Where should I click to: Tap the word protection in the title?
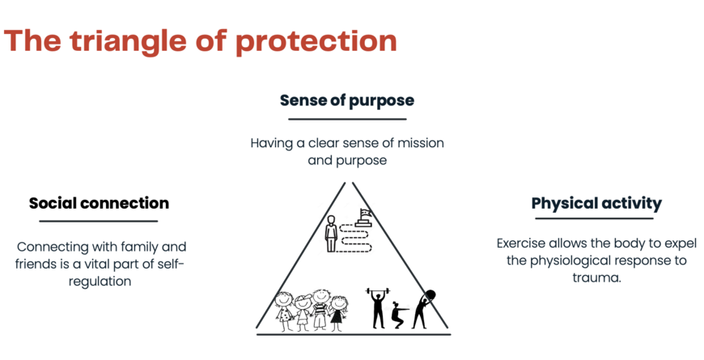pyautogui.click(x=316, y=42)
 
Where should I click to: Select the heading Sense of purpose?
pyautogui.click(x=347, y=100)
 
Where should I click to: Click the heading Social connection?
pyautogui.click(x=99, y=203)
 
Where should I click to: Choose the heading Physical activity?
pyautogui.click(x=596, y=203)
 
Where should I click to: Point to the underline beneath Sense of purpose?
pyautogui.click(x=347, y=119)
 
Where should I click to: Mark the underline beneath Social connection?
pyautogui.click(x=99, y=221)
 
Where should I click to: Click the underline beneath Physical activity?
pyautogui.click(x=594, y=218)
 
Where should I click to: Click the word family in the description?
pyautogui.click(x=134, y=247)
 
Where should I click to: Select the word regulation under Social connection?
pyautogui.click(x=100, y=282)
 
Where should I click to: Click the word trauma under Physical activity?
pyautogui.click(x=596, y=277)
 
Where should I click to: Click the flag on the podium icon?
pyautogui.click(x=366, y=214)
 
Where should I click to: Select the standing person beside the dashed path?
pyautogui.click(x=331, y=234)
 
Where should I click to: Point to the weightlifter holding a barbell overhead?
pyautogui.click(x=379, y=308)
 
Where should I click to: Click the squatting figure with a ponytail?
pyautogui.click(x=398, y=315)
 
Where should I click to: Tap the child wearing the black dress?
pyautogui.click(x=338, y=313)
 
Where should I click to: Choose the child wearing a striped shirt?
pyautogui.click(x=320, y=310)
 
